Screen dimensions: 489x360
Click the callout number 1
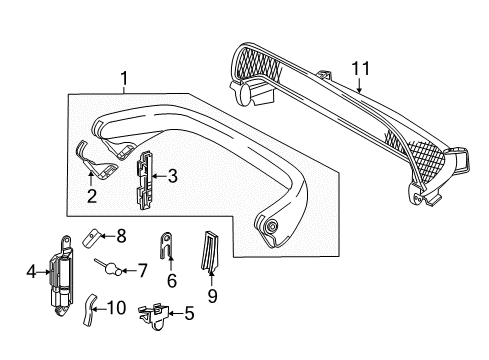click(124, 79)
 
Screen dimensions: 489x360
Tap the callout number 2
click(92, 196)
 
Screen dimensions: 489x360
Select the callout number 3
click(172, 176)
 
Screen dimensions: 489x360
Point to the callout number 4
click(31, 272)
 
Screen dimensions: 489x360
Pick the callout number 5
click(189, 314)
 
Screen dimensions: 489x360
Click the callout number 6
click(172, 281)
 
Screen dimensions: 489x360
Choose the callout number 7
click(142, 271)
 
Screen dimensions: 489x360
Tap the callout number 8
click(121, 236)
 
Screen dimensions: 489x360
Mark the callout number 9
click(212, 296)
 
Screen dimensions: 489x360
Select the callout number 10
click(116, 308)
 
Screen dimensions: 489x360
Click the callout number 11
click(361, 69)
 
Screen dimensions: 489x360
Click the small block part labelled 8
click(92, 238)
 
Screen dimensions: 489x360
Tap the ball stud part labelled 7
click(109, 266)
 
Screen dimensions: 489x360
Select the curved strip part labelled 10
click(89, 310)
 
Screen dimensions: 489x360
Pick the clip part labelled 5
click(153, 316)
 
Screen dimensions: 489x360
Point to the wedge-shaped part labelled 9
click(210, 250)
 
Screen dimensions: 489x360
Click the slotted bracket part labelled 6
click(166, 245)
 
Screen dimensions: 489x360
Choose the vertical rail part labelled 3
click(144, 180)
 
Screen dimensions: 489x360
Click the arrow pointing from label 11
click(359, 85)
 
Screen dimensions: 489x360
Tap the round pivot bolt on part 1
click(272, 226)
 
